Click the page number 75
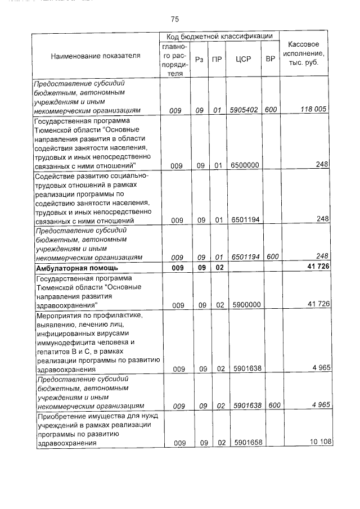point(174,20)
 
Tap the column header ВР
point(270,58)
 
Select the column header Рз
point(199,58)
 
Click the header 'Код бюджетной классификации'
point(219,36)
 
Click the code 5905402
point(244,110)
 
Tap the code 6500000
point(244,165)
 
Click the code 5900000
point(244,305)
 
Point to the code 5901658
point(244,443)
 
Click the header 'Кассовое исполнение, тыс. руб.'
point(304,53)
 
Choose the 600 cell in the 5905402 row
point(270,110)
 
